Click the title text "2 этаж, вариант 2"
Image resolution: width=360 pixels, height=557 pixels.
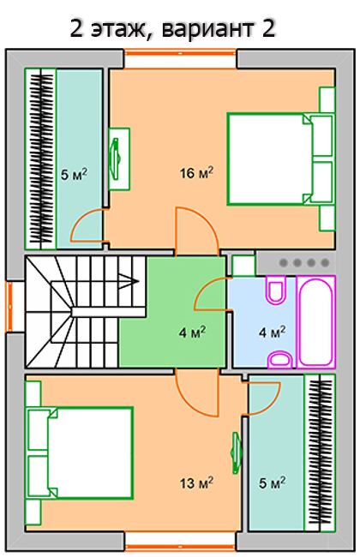(x=173, y=29)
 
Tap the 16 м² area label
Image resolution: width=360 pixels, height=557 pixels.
(x=196, y=173)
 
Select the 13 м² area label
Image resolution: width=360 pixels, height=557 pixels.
(x=196, y=482)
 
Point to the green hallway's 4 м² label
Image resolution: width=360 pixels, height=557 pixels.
(x=192, y=332)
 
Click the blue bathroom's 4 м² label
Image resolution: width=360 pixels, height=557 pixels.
(x=272, y=332)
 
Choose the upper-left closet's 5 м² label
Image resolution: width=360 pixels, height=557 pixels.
(x=74, y=174)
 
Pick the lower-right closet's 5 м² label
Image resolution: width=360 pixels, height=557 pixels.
(x=272, y=482)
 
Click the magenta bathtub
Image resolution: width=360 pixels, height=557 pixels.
(x=316, y=321)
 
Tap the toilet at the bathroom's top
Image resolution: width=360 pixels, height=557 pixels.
(x=276, y=290)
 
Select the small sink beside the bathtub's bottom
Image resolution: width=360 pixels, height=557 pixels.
(x=279, y=360)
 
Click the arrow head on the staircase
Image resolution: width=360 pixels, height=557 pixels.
(x=130, y=281)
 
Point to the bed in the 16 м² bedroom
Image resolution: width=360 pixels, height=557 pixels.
(x=281, y=159)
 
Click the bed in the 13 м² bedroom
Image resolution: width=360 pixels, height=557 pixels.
(x=80, y=452)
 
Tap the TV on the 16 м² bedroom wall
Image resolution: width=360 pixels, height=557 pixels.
(x=117, y=159)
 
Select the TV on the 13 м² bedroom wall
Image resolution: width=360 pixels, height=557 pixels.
(x=237, y=452)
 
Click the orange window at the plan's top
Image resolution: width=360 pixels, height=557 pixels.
(x=180, y=53)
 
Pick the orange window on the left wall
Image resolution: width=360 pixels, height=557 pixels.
(x=9, y=307)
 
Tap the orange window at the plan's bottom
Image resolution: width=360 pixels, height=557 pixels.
(x=180, y=548)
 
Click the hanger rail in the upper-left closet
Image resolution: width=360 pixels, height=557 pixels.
(x=41, y=159)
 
